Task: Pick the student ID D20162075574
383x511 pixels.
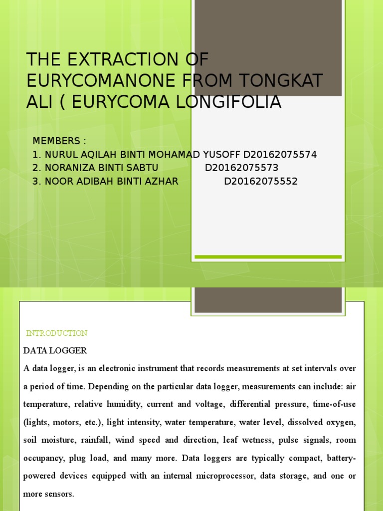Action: (x=280, y=155)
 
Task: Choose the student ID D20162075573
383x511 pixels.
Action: (x=242, y=168)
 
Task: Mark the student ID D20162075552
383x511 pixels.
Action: (x=261, y=181)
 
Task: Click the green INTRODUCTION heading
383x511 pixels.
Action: (x=56, y=333)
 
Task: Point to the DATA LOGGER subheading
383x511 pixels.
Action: (x=55, y=351)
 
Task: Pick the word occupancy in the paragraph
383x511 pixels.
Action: (x=42, y=458)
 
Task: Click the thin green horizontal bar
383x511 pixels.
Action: (x=268, y=257)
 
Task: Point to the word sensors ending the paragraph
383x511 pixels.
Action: (x=58, y=494)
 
